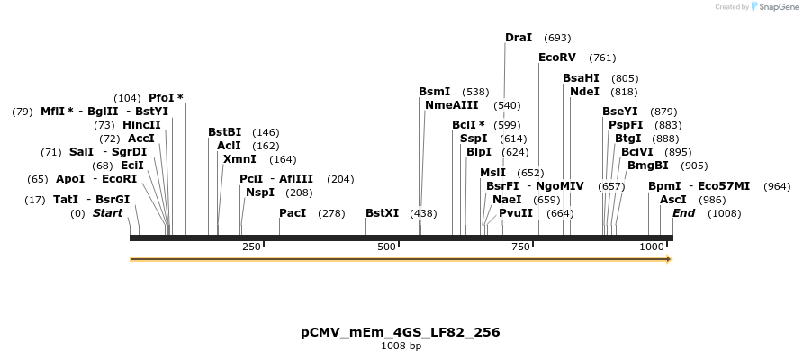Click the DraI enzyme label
click(x=519, y=38)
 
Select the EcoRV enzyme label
click(x=556, y=58)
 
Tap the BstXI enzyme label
click(x=382, y=213)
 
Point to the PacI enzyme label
click(x=293, y=213)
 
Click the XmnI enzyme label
click(x=239, y=159)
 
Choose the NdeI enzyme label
click(x=584, y=92)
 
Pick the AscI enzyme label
click(x=673, y=200)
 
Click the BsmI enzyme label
click(x=435, y=92)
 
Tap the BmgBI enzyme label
click(x=648, y=166)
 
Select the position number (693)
click(x=558, y=38)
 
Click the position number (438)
click(x=423, y=213)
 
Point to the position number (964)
click(x=777, y=186)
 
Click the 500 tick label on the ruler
click(x=387, y=247)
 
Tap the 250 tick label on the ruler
click(x=251, y=247)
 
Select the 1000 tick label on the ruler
click(x=652, y=247)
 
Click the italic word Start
click(x=107, y=213)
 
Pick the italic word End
click(x=683, y=213)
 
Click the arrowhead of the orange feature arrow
click(x=668, y=259)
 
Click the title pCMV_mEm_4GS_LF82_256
click(x=401, y=332)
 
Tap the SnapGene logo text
click(x=777, y=7)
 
